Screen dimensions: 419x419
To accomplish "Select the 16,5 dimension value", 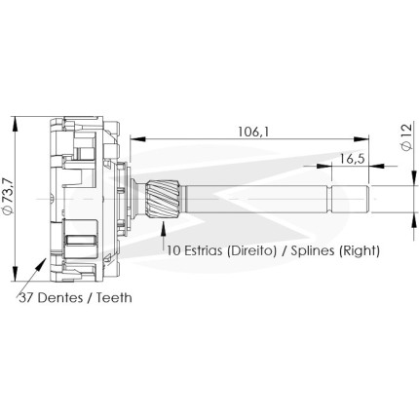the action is (353, 159).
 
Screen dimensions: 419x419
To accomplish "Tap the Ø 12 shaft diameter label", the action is (406, 136).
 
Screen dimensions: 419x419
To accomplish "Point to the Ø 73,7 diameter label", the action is (9, 196).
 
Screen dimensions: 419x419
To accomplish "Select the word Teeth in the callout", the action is (114, 297).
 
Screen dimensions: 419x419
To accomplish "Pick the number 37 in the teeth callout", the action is (26, 297).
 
